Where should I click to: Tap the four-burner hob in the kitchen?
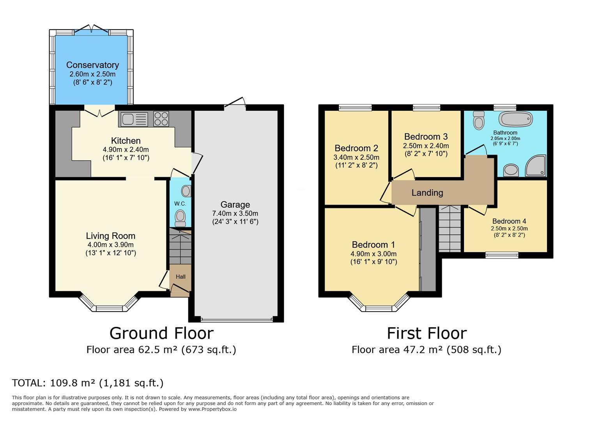point(161,119)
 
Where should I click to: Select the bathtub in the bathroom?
point(515,119)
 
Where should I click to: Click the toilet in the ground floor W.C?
point(180,218)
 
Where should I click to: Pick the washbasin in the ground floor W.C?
point(186,191)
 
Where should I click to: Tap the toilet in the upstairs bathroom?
point(479,120)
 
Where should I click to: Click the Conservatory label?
point(92,65)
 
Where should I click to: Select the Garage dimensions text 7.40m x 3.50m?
point(235,214)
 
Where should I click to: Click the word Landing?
point(427,193)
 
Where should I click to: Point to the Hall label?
point(181,277)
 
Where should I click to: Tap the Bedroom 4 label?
point(509,221)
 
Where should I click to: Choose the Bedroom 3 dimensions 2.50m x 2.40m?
point(426,146)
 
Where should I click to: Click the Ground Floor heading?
point(161,333)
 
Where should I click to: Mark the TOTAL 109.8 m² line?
point(88,383)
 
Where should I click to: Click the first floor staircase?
point(450,229)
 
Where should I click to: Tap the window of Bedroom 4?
point(502,255)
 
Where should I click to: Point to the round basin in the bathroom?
point(511,170)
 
